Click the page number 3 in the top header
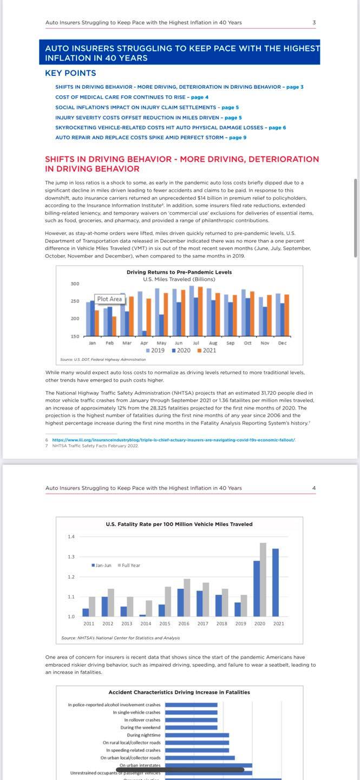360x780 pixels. tap(314, 22)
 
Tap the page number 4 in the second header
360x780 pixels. tap(314, 488)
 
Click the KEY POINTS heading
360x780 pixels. tap(70, 73)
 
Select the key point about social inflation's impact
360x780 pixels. tap(147, 107)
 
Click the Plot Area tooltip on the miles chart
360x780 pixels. tap(109, 299)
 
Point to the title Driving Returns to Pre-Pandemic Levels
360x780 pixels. tap(179, 272)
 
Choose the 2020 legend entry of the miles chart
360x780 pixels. tap(182, 350)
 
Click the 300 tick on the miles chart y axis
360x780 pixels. tap(75, 284)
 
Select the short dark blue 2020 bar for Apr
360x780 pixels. tap(144, 333)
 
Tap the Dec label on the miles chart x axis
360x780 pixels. tap(282, 343)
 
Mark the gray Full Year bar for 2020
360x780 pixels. tap(263, 579)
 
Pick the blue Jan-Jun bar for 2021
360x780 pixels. tap(276, 582)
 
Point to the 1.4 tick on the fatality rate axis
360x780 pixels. tap(71, 537)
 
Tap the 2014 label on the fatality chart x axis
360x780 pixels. tap(146, 623)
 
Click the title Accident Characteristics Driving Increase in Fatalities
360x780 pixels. tap(179, 692)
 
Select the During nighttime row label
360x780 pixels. tap(143, 735)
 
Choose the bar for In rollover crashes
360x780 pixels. tap(191, 720)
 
